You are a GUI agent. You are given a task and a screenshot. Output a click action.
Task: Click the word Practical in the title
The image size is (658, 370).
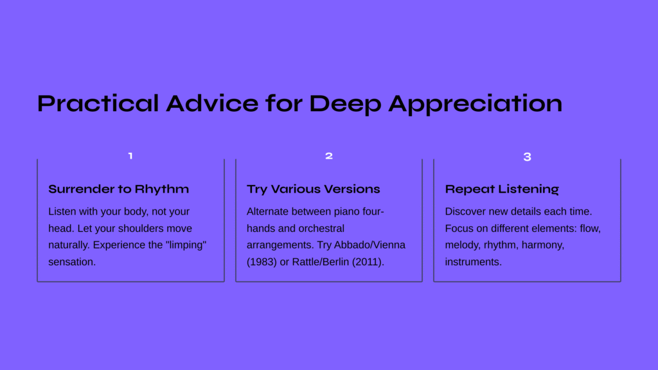[x=98, y=103]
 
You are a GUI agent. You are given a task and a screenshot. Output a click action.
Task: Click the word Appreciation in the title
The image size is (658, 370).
[x=476, y=104]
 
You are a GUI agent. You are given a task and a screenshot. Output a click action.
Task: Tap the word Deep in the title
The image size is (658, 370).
[x=345, y=104]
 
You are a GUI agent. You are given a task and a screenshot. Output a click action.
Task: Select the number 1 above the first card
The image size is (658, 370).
[x=130, y=156]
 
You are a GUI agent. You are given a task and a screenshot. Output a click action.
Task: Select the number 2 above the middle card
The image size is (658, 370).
[x=329, y=156]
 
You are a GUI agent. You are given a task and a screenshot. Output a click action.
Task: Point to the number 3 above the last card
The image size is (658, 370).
[x=528, y=157]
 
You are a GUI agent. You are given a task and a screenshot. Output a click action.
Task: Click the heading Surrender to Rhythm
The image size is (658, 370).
[x=119, y=189]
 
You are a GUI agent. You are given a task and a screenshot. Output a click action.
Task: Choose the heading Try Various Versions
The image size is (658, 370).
[x=314, y=189]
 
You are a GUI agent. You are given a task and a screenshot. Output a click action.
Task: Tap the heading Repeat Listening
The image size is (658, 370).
[x=502, y=189]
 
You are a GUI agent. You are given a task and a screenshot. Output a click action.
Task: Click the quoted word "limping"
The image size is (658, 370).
[x=187, y=245]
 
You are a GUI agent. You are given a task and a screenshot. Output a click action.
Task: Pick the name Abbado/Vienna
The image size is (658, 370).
[x=369, y=245]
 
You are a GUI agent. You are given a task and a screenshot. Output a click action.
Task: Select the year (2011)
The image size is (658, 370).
[x=368, y=262]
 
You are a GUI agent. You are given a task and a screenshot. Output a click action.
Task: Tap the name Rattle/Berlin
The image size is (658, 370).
[x=321, y=262]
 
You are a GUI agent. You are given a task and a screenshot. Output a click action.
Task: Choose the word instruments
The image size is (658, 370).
[x=474, y=262]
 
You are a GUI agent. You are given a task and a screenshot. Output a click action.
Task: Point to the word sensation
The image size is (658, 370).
[x=72, y=262]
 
